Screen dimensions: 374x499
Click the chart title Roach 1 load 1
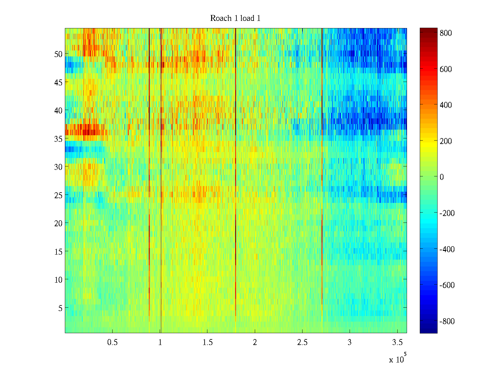click(x=235, y=18)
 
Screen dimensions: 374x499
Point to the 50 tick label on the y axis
click(x=58, y=54)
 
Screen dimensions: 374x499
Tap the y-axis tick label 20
click(x=58, y=223)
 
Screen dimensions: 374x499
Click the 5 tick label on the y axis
click(x=60, y=308)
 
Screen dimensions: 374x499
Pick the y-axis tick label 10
click(x=58, y=280)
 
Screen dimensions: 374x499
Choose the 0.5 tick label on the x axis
click(x=112, y=343)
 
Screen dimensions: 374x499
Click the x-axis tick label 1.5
click(x=207, y=343)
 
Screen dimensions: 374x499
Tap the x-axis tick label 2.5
click(x=302, y=343)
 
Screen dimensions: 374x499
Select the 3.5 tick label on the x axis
click(x=397, y=343)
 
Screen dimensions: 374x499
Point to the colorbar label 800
click(x=446, y=33)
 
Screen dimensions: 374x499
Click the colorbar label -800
click(x=447, y=321)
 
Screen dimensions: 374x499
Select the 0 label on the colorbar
click(x=442, y=177)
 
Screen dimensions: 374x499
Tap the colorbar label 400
click(x=446, y=105)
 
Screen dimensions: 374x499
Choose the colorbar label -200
click(x=447, y=213)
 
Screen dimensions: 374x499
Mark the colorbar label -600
click(x=447, y=285)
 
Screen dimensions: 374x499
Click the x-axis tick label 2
click(x=255, y=343)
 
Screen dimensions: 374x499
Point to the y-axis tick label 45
click(x=58, y=82)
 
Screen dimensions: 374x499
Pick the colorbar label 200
click(x=446, y=141)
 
